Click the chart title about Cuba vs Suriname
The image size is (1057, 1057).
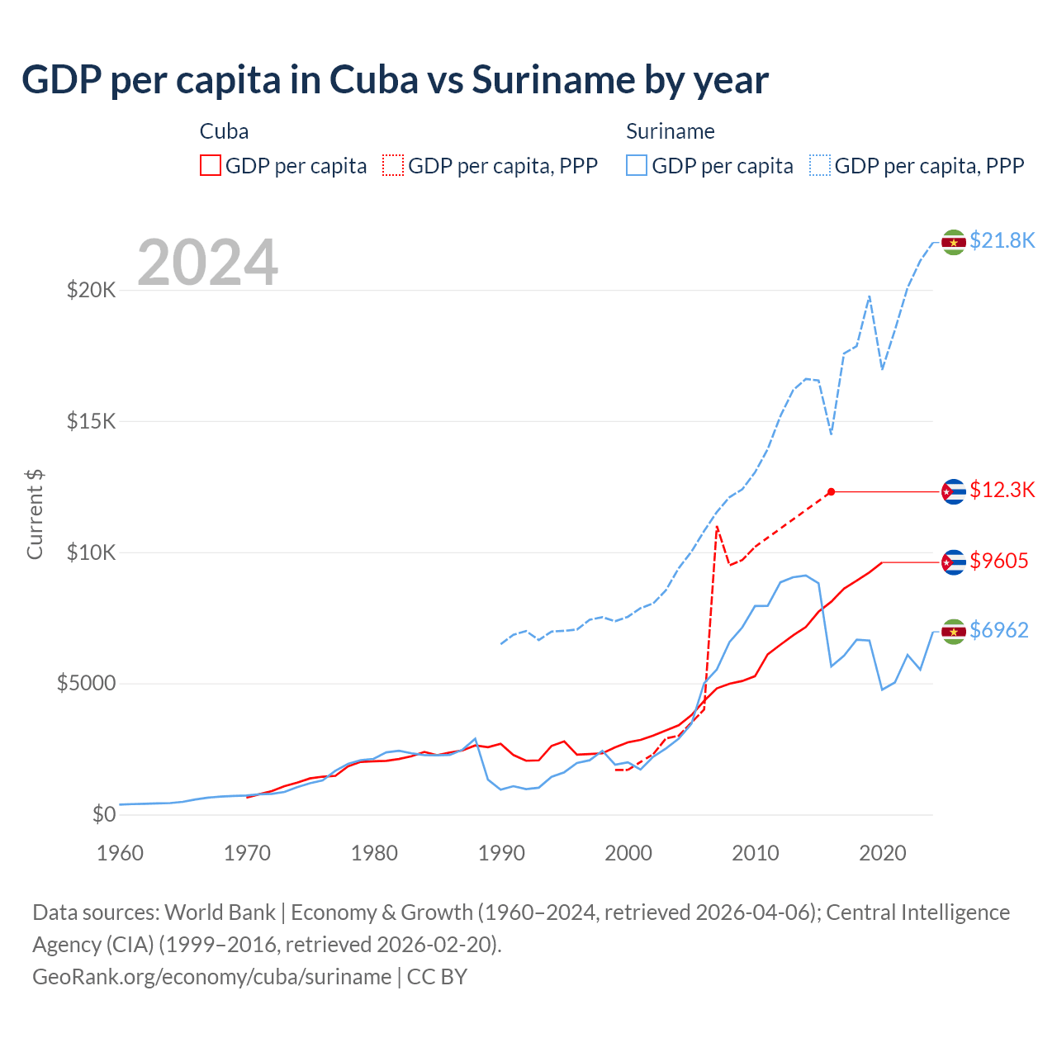[395, 80]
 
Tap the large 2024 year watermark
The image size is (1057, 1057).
[207, 263]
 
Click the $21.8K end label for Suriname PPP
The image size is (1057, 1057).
[1002, 240]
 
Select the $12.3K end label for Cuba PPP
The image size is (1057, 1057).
[1002, 490]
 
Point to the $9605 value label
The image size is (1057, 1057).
[998, 561]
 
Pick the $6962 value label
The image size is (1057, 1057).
[998, 630]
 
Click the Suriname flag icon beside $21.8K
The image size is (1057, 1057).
[954, 242]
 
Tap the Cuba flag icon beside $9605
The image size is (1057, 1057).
[954, 562]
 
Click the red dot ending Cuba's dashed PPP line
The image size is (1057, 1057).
[831, 492]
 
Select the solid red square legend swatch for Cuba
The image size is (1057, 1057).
[211, 165]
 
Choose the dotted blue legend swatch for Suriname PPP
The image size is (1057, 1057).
[820, 165]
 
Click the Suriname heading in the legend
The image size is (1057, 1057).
[670, 131]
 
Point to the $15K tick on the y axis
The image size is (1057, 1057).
[91, 421]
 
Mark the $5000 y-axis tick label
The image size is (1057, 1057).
[86, 683]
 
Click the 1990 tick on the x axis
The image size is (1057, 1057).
[501, 853]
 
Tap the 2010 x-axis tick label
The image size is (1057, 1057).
[755, 853]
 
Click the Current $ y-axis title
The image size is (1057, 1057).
[35, 514]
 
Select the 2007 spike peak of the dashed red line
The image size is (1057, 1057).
[717, 526]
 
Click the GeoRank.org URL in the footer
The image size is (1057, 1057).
[211, 977]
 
